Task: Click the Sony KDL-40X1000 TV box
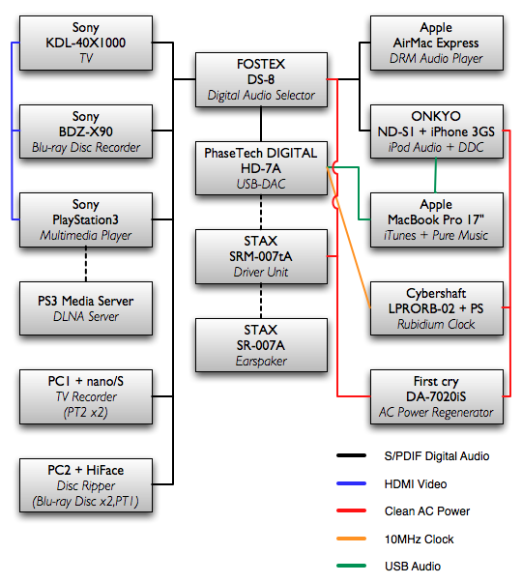[86, 43]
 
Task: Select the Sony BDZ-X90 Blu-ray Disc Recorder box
[86, 131]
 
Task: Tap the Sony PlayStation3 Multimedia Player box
[86, 219]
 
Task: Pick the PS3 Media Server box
[86, 308]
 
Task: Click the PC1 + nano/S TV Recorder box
[86, 396]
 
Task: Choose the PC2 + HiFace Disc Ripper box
[86, 485]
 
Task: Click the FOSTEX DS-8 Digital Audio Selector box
[261, 79]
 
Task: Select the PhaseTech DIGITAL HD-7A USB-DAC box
[261, 168]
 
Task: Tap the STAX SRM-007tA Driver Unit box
[261, 256]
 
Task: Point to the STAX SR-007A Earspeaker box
[261, 345]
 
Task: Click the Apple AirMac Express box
[437, 43]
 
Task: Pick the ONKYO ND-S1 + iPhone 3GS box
[437, 131]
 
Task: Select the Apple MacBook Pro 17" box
[437, 219]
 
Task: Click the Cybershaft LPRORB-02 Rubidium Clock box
[437, 308]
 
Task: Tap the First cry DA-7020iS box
[437, 396]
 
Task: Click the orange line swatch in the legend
[351, 539]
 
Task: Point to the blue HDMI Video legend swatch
[351, 483]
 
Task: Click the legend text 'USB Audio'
[413, 567]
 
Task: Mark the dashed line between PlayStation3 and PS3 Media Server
[86, 264]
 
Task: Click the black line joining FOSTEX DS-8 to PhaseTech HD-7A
[261, 124]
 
